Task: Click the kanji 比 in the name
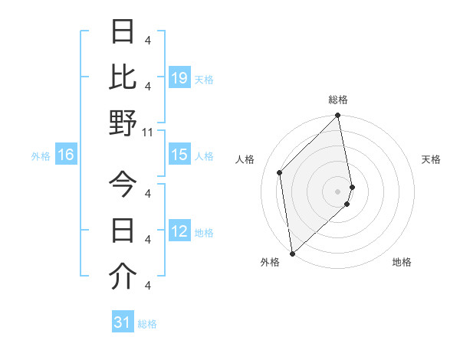[x=123, y=77]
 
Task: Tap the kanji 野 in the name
[x=123, y=123]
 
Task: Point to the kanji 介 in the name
[x=123, y=277]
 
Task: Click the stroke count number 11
[x=148, y=132]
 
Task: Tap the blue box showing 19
[x=179, y=77]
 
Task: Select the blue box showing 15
[x=179, y=155]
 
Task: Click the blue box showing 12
[x=179, y=231]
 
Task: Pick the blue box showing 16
[x=66, y=155]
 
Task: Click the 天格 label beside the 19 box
[x=204, y=79]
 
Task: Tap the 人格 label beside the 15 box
[x=204, y=156]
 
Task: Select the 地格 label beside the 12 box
[x=204, y=233]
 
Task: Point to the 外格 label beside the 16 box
[x=41, y=156]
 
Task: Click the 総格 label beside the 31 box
[x=147, y=324]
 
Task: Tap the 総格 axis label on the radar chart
[x=338, y=100]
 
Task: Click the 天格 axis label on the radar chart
[x=432, y=159]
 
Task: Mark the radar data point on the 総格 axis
[x=337, y=116]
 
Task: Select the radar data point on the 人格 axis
[x=280, y=172]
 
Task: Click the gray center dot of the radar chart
[x=337, y=191]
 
